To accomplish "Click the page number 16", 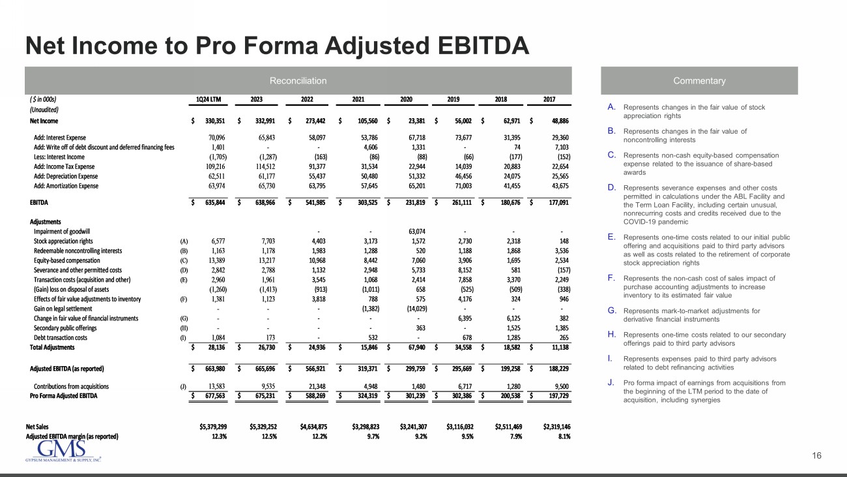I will (x=817, y=455).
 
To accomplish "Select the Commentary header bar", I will (x=699, y=81).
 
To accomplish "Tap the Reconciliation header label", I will (x=298, y=81).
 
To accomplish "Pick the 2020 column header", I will (x=407, y=100).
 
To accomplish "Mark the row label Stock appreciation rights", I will (x=67, y=241).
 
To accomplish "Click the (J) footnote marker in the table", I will (x=183, y=387).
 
